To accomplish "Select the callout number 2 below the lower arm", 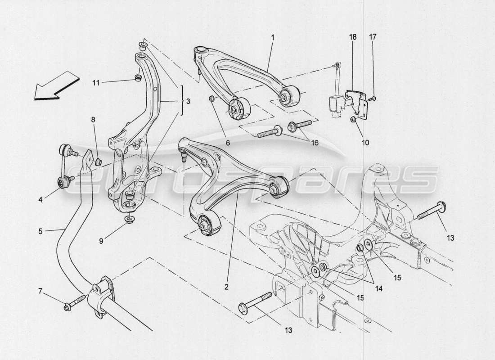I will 227,286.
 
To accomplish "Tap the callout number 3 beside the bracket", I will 188,102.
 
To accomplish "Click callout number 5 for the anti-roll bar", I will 41,231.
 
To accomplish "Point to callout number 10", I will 364,143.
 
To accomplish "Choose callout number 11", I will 96,82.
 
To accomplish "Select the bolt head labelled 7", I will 68,308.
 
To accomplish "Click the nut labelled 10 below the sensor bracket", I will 353,119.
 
